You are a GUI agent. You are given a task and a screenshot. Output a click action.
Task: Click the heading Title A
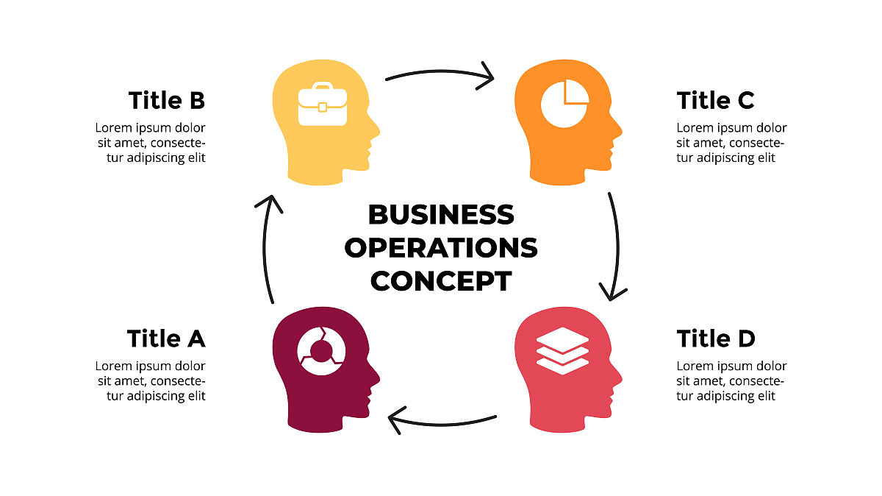(x=165, y=339)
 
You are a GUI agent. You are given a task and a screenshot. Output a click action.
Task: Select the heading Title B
(x=166, y=100)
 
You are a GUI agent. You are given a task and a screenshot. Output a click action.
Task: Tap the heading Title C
(x=715, y=100)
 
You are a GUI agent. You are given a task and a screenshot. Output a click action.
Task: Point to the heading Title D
(x=715, y=339)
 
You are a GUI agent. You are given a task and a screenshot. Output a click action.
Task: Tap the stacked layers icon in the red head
(x=563, y=351)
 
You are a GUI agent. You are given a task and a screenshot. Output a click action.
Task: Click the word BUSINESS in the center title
(x=440, y=215)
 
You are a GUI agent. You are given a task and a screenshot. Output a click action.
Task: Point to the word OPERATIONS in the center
(x=440, y=248)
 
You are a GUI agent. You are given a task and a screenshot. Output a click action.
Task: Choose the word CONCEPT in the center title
(x=440, y=281)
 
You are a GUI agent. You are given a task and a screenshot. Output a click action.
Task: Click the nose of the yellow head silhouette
(x=378, y=132)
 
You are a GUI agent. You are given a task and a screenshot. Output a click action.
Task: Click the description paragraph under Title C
(x=731, y=143)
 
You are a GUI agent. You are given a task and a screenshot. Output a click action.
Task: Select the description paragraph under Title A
(x=150, y=381)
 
